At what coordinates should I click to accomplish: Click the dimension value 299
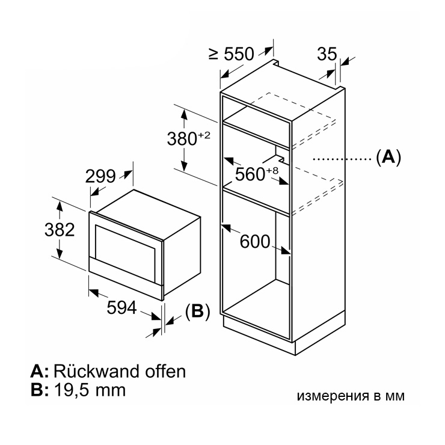(100, 176)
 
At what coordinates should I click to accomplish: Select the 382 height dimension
(60, 230)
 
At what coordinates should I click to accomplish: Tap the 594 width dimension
(121, 307)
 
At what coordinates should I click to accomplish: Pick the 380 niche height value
(182, 139)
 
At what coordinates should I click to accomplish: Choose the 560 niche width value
(250, 174)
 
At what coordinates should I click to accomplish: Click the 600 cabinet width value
(255, 242)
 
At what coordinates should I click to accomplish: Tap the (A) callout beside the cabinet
(388, 157)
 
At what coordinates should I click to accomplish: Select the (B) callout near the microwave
(197, 311)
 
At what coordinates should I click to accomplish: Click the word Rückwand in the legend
(96, 371)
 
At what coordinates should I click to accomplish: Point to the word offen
(165, 371)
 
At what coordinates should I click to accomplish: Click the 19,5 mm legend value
(90, 390)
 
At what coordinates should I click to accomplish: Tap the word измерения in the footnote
(332, 396)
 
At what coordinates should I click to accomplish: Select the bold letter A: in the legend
(40, 372)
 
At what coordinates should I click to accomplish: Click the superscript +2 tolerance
(204, 135)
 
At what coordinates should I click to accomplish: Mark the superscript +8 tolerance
(272, 171)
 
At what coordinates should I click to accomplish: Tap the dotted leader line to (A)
(343, 159)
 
